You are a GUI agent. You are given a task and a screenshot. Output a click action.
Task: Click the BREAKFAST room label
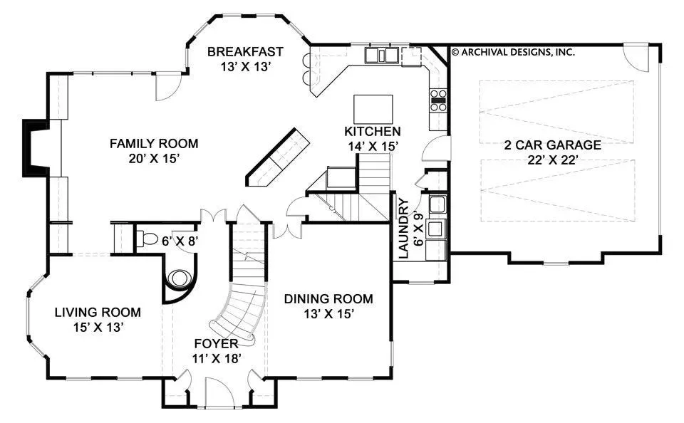(245, 52)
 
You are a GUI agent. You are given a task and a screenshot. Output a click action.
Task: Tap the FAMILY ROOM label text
(154, 143)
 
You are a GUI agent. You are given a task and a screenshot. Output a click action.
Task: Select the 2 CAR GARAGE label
(553, 145)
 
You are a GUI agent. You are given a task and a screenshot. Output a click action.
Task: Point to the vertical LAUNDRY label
(404, 228)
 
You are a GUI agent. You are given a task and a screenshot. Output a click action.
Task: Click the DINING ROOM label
(328, 298)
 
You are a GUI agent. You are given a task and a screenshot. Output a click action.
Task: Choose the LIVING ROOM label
(98, 312)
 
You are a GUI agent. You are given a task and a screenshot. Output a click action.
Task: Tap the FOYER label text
(217, 344)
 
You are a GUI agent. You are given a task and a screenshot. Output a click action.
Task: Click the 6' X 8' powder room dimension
(180, 240)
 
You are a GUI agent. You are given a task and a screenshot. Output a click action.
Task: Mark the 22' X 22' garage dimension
(553, 160)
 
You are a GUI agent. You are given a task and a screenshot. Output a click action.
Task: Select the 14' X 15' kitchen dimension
(373, 147)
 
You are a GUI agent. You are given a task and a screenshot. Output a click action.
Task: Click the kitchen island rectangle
(373, 108)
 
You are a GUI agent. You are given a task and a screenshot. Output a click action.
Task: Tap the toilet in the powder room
(147, 239)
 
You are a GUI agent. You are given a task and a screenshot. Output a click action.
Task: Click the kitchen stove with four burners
(438, 100)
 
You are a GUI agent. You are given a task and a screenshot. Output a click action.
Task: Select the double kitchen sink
(382, 56)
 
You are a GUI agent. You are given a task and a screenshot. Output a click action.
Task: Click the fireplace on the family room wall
(36, 148)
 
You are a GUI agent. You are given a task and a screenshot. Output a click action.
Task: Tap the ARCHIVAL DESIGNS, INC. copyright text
(513, 52)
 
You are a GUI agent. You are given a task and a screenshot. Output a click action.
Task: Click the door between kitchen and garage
(436, 148)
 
